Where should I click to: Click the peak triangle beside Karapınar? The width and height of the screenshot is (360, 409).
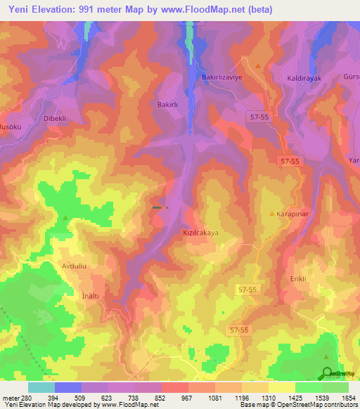pyautogui.click(x=273, y=212)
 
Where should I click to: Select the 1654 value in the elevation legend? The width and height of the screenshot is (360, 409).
pyautogui.click(x=348, y=398)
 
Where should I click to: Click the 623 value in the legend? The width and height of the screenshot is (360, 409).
pyautogui.click(x=108, y=398)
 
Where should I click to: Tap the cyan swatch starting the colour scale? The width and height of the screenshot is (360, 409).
pyautogui.click(x=41, y=387)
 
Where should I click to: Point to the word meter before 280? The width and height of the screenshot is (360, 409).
pyautogui.click(x=11, y=398)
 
